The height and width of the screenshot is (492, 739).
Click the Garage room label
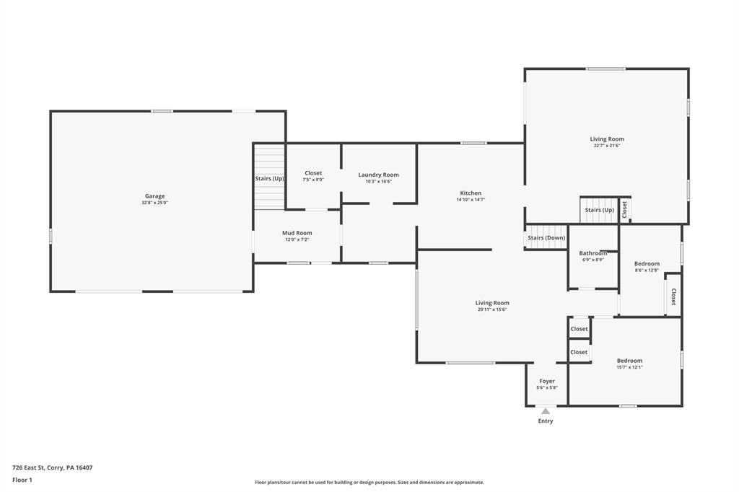154,196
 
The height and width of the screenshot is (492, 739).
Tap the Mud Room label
297,233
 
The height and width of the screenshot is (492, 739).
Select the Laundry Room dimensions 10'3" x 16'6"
378,182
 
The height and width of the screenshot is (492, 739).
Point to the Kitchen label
471,193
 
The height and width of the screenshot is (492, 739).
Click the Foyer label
547,381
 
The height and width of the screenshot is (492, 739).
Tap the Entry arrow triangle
546,411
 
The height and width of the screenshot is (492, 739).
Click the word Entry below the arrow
546,421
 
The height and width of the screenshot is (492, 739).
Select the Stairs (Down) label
546,238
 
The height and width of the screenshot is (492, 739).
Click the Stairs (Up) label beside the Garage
270,179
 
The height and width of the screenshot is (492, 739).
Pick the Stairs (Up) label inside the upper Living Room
600,210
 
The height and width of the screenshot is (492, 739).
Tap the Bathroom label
593,253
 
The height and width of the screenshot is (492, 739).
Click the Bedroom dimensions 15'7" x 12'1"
629,367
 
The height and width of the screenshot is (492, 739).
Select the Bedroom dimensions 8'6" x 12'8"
647,270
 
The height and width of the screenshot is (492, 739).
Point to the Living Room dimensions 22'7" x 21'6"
606,146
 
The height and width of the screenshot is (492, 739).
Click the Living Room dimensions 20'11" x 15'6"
492,309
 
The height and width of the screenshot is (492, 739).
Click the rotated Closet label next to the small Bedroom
673,296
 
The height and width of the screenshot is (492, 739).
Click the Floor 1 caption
22,480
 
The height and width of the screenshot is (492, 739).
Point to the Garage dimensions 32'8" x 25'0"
154,203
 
